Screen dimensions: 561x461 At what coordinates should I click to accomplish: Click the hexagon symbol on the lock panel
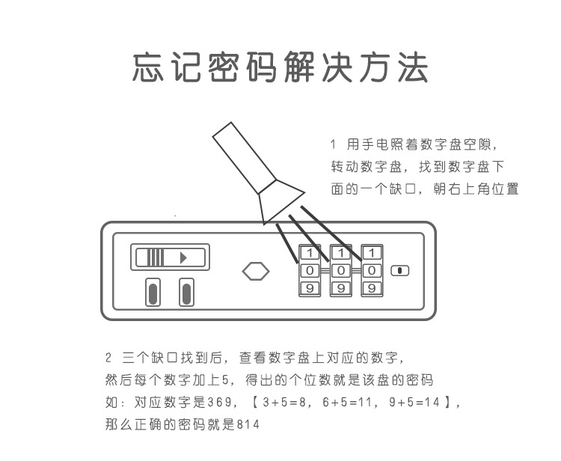coord(256,272)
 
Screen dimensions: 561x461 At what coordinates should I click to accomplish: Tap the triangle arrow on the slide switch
coord(183,257)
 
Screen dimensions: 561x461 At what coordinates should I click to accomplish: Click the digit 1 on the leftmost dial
coord(310,253)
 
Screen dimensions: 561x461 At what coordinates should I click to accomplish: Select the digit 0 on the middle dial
coord(341,271)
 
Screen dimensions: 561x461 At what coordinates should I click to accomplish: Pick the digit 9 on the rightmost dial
coord(372,288)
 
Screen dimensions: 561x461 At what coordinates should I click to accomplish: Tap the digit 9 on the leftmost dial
coord(310,288)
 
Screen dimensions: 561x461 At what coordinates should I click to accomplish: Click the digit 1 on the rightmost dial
coord(372,253)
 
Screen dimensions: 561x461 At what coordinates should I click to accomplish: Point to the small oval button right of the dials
coord(400,271)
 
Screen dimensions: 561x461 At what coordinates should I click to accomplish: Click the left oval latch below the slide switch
coord(153,293)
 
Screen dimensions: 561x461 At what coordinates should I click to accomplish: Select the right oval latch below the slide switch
coord(186,293)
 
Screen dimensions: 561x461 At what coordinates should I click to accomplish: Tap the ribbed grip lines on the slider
coord(156,257)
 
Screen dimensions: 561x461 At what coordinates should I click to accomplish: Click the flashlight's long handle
coord(244,158)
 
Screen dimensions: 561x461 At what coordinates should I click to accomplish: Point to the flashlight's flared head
coord(280,201)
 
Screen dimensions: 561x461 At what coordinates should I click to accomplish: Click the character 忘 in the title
coord(148,67)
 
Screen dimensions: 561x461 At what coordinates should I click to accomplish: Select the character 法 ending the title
coord(413,67)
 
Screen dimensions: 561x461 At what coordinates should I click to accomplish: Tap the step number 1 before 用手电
coord(333,144)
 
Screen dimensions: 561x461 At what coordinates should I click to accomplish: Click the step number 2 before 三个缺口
coord(108,357)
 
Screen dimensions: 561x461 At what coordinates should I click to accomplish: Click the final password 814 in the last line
coord(248,424)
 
